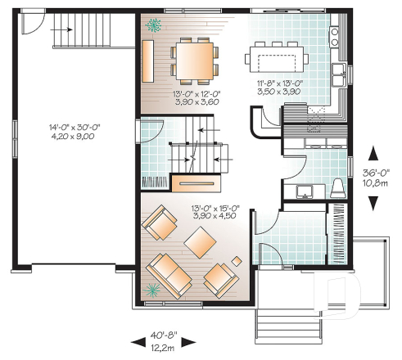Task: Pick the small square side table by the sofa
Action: point(236,260)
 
